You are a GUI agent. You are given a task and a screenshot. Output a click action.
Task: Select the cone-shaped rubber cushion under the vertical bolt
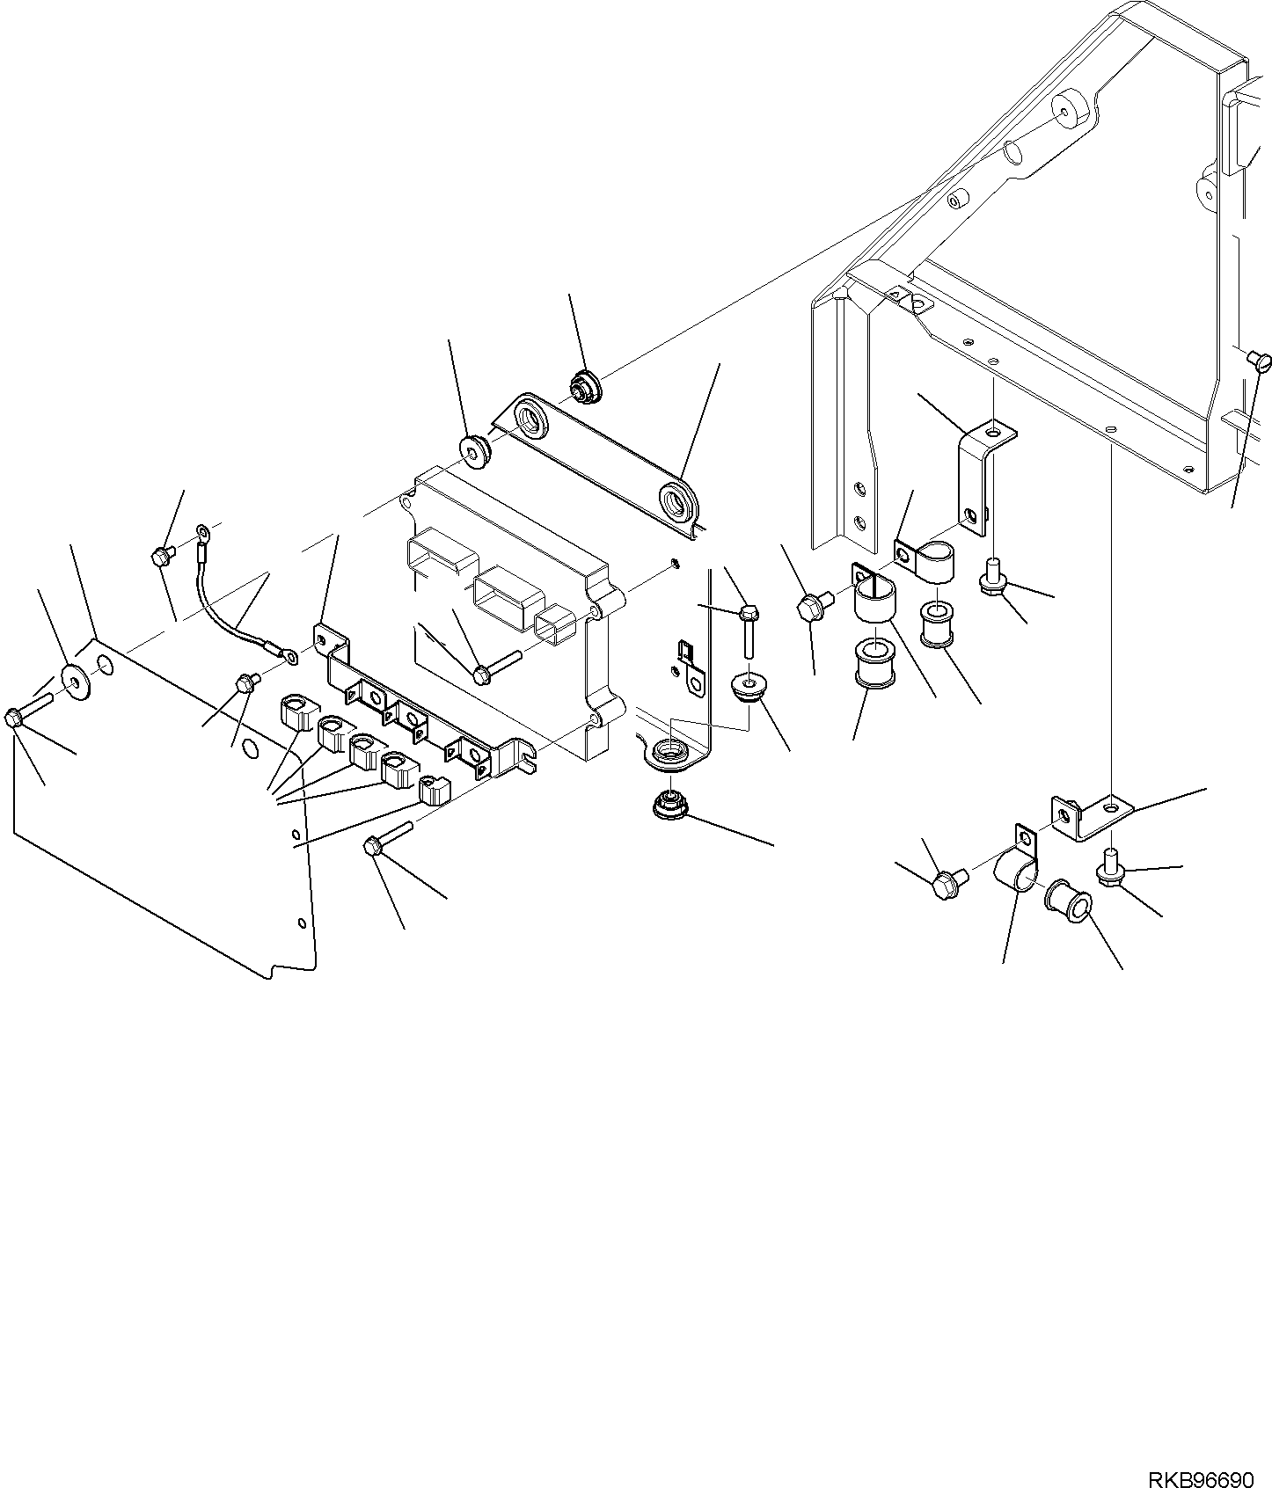point(749,685)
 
